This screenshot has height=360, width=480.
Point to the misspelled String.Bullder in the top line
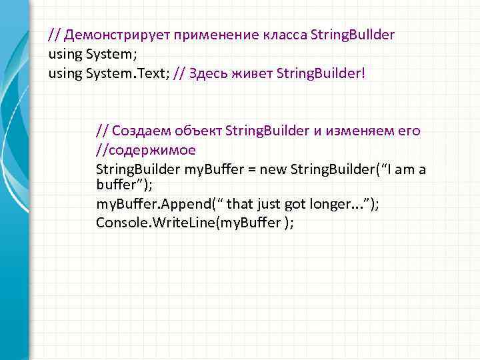coord(353,35)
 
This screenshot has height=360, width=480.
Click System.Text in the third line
coord(127,73)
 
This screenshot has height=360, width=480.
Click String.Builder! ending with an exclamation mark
coord(320,73)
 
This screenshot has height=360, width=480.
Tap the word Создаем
coord(137,131)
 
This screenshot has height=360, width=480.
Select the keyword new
coord(272,169)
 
